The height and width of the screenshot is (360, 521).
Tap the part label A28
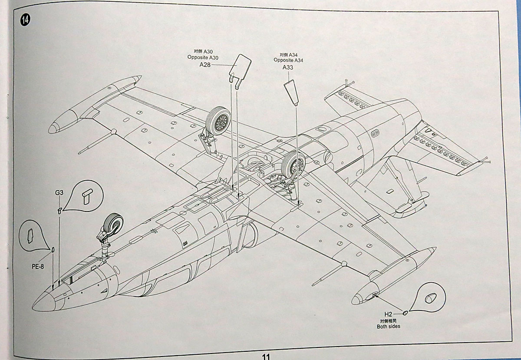point(205,65)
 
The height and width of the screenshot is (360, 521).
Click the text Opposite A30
point(204,57)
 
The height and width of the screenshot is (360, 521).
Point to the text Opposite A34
point(288,60)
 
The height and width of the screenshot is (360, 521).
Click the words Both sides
point(389,326)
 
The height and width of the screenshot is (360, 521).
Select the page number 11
point(266,356)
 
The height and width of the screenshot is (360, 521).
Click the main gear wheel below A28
point(218,121)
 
